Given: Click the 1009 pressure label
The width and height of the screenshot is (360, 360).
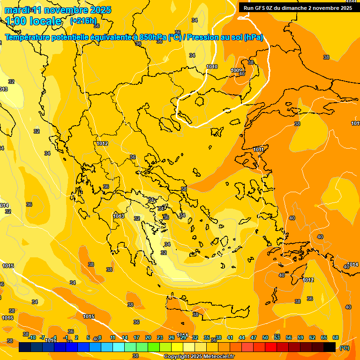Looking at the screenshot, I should pyautogui.click(x=236, y=70).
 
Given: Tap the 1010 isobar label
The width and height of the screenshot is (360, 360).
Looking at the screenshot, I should pyautogui.click(x=212, y=67).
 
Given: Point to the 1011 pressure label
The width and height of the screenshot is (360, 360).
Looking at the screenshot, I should pyautogui.click(x=258, y=150).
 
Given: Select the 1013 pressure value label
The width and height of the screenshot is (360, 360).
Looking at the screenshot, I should pyautogui.click(x=119, y=216).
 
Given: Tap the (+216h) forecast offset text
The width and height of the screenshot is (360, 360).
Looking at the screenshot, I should pyautogui.click(x=83, y=21).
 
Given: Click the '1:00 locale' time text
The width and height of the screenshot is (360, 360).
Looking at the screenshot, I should pyautogui.click(x=33, y=21).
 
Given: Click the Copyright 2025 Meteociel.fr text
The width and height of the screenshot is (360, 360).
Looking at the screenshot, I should pyautogui.click(x=199, y=356).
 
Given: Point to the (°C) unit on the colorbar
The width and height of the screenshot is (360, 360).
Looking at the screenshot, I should pyautogui.click(x=344, y=347).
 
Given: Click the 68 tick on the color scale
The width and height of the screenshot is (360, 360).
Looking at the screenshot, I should pyautogui.click(x=336, y=337).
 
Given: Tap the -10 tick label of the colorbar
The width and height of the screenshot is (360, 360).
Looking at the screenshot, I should pyautogui.click(x=32, y=337).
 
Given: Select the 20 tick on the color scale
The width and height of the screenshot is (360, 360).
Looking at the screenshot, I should pyautogui.click(x=148, y=337).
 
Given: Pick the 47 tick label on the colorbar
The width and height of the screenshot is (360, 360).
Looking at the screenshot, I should pyautogui.click(x=254, y=337).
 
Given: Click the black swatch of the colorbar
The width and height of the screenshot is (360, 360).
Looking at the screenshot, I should pyautogui.click(x=330, y=347).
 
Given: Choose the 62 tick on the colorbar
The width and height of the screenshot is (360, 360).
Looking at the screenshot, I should pyautogui.click(x=312, y=337).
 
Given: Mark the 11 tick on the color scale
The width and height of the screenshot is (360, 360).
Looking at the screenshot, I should pyautogui.click(x=113, y=337).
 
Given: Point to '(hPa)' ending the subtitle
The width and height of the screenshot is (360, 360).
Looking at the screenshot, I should pyautogui.click(x=253, y=37).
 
